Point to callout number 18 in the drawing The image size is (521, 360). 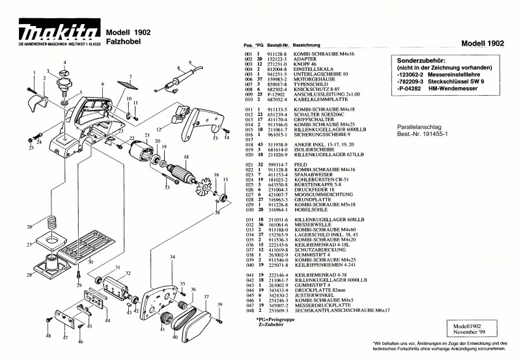click(186, 157)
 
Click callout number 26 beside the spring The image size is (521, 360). click(28, 227)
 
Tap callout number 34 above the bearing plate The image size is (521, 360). click(172, 257)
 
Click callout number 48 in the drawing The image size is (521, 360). click(48, 336)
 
